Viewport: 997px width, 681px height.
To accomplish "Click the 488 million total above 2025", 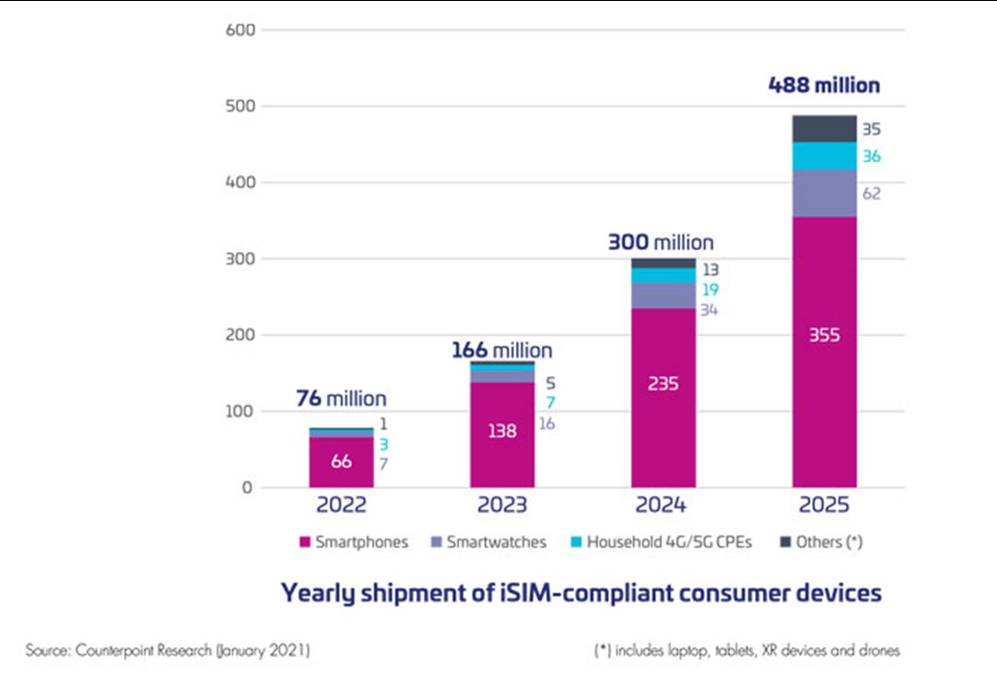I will point(824,85).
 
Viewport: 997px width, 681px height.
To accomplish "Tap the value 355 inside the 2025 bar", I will point(824,335).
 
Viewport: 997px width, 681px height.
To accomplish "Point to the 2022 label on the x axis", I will point(341,506).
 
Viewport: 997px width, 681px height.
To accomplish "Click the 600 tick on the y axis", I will point(242,30).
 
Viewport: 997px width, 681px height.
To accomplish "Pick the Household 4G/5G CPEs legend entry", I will point(660,542).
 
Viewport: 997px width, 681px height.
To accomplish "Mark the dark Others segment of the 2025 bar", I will point(824,129).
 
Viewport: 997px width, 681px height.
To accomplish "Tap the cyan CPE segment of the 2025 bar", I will point(824,156).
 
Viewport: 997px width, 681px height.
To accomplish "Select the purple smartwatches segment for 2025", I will point(824,193).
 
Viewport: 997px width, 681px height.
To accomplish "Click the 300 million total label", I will point(660,242).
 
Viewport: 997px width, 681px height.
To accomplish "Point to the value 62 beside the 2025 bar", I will point(871,194).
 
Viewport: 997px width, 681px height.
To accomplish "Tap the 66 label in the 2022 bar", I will point(341,462).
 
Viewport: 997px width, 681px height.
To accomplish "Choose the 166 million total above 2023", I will point(501,350).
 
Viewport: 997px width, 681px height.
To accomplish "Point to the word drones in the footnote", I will point(877,651).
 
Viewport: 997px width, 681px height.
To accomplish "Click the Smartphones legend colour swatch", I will point(305,542).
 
